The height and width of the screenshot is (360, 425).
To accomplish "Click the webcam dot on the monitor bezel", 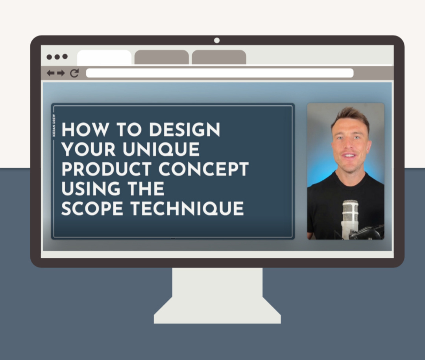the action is (217, 41).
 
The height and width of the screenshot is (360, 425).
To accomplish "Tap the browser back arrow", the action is (51, 73).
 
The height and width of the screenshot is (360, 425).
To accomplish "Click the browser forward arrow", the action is (61, 73).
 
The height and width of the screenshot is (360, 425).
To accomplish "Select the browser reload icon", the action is (74, 73).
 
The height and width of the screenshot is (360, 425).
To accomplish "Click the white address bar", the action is (220, 73).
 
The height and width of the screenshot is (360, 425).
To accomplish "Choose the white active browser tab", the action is (104, 57).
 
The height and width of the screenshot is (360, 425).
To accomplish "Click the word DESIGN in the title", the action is (185, 130).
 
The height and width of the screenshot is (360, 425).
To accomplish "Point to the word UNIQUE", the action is (162, 150).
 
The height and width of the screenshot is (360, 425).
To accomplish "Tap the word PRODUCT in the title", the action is (106, 169).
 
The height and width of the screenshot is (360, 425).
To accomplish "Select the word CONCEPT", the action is (203, 169).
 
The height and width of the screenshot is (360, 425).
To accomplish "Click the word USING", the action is (91, 189).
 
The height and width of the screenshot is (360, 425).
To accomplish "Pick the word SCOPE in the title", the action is (92, 209).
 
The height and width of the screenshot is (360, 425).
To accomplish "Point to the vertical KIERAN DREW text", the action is (54, 125).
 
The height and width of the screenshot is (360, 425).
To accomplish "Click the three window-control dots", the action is (57, 57).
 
